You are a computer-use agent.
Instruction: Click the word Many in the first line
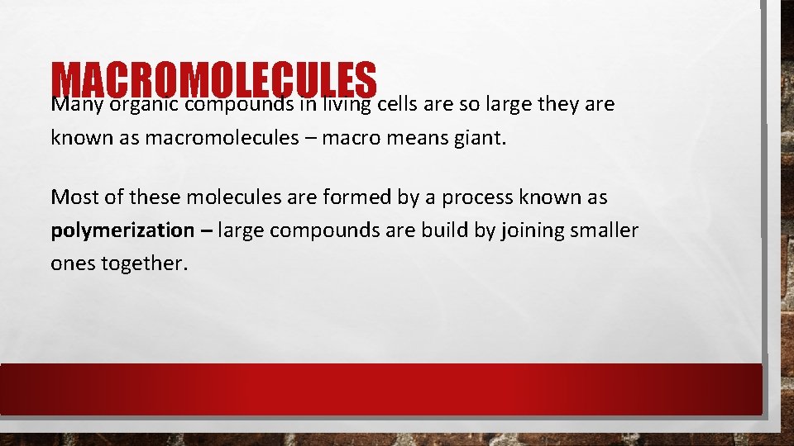coord(77,105)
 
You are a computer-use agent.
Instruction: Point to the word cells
coord(402,104)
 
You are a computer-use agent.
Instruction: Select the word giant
coord(478,138)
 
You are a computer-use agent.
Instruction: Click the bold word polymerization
coord(122,230)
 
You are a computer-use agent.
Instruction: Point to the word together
coord(146,263)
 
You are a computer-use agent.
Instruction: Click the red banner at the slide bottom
coord(380,388)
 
